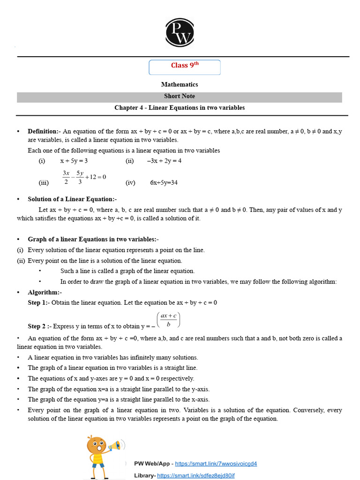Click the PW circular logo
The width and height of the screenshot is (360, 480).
point(180,31)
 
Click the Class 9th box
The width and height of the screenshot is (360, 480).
point(184,67)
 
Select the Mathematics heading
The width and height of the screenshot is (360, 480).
point(180,84)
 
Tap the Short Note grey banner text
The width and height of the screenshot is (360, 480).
point(180,96)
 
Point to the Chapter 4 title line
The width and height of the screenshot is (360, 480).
point(180,108)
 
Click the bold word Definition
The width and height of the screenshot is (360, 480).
point(43,131)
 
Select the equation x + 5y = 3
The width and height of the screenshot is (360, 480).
point(74,161)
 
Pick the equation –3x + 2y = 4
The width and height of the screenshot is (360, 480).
point(164,161)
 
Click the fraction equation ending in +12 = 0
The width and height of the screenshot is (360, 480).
point(84,177)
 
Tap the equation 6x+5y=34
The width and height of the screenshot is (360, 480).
point(164,183)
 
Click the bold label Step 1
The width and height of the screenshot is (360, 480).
point(37,303)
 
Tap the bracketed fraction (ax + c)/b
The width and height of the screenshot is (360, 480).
point(168,320)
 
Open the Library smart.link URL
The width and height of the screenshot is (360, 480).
point(195,475)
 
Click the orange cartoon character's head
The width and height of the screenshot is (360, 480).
point(96,444)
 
